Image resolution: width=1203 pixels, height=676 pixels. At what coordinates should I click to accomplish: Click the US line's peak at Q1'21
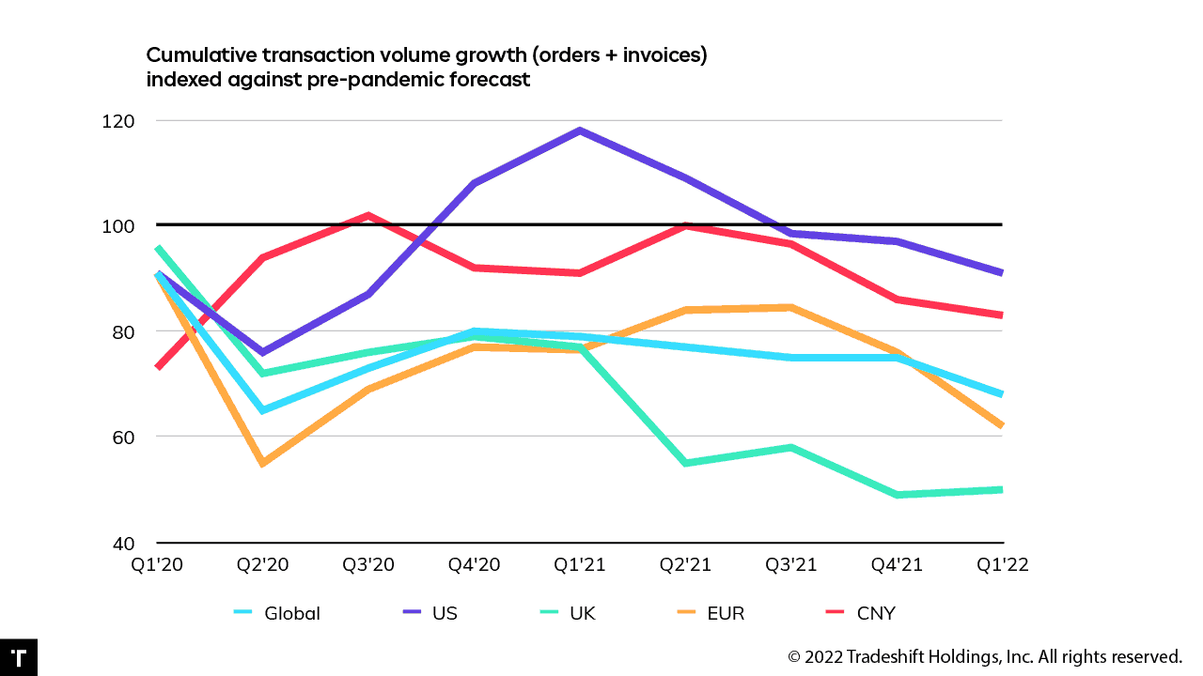tap(580, 131)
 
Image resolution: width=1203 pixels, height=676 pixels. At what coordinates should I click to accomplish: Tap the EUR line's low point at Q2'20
tap(262, 463)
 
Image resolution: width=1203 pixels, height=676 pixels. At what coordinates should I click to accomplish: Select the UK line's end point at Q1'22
tap(1001, 489)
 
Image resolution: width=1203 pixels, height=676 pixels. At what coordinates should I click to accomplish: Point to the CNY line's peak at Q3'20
tap(368, 215)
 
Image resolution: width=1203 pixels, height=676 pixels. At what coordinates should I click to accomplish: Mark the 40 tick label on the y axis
tap(125, 543)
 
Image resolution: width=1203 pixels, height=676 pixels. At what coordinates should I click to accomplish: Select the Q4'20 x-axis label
tap(474, 564)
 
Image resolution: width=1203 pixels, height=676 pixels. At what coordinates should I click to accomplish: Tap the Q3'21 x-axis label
tap(790, 564)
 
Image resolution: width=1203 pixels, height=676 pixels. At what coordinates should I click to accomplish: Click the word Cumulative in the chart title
tap(195, 55)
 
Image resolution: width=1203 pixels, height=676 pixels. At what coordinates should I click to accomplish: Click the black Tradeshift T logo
tap(18, 657)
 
